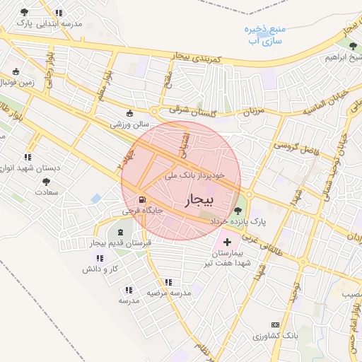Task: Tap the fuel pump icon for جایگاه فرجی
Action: coord(144,200)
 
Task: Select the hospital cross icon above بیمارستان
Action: coord(227,242)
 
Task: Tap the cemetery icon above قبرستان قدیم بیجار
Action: coord(118,232)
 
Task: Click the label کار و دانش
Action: coord(98,269)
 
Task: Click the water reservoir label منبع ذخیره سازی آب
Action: coord(263,35)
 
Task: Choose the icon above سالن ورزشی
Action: coord(129,113)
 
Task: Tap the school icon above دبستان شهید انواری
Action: coord(27,157)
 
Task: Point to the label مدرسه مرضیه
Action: coord(170,292)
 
